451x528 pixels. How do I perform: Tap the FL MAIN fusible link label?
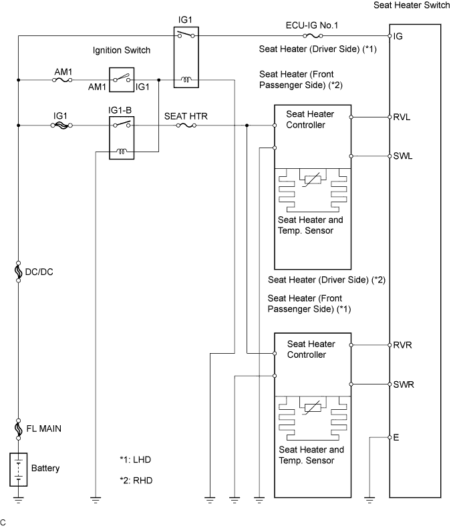click(x=43, y=428)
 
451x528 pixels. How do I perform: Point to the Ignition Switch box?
click(x=121, y=80)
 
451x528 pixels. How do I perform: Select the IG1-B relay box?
click(x=121, y=138)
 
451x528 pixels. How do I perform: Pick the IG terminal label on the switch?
click(x=398, y=35)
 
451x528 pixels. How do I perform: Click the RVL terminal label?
click(x=402, y=116)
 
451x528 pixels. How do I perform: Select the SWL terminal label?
click(x=403, y=156)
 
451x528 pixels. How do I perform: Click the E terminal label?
click(x=396, y=437)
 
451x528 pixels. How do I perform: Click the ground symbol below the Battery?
click(x=19, y=498)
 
